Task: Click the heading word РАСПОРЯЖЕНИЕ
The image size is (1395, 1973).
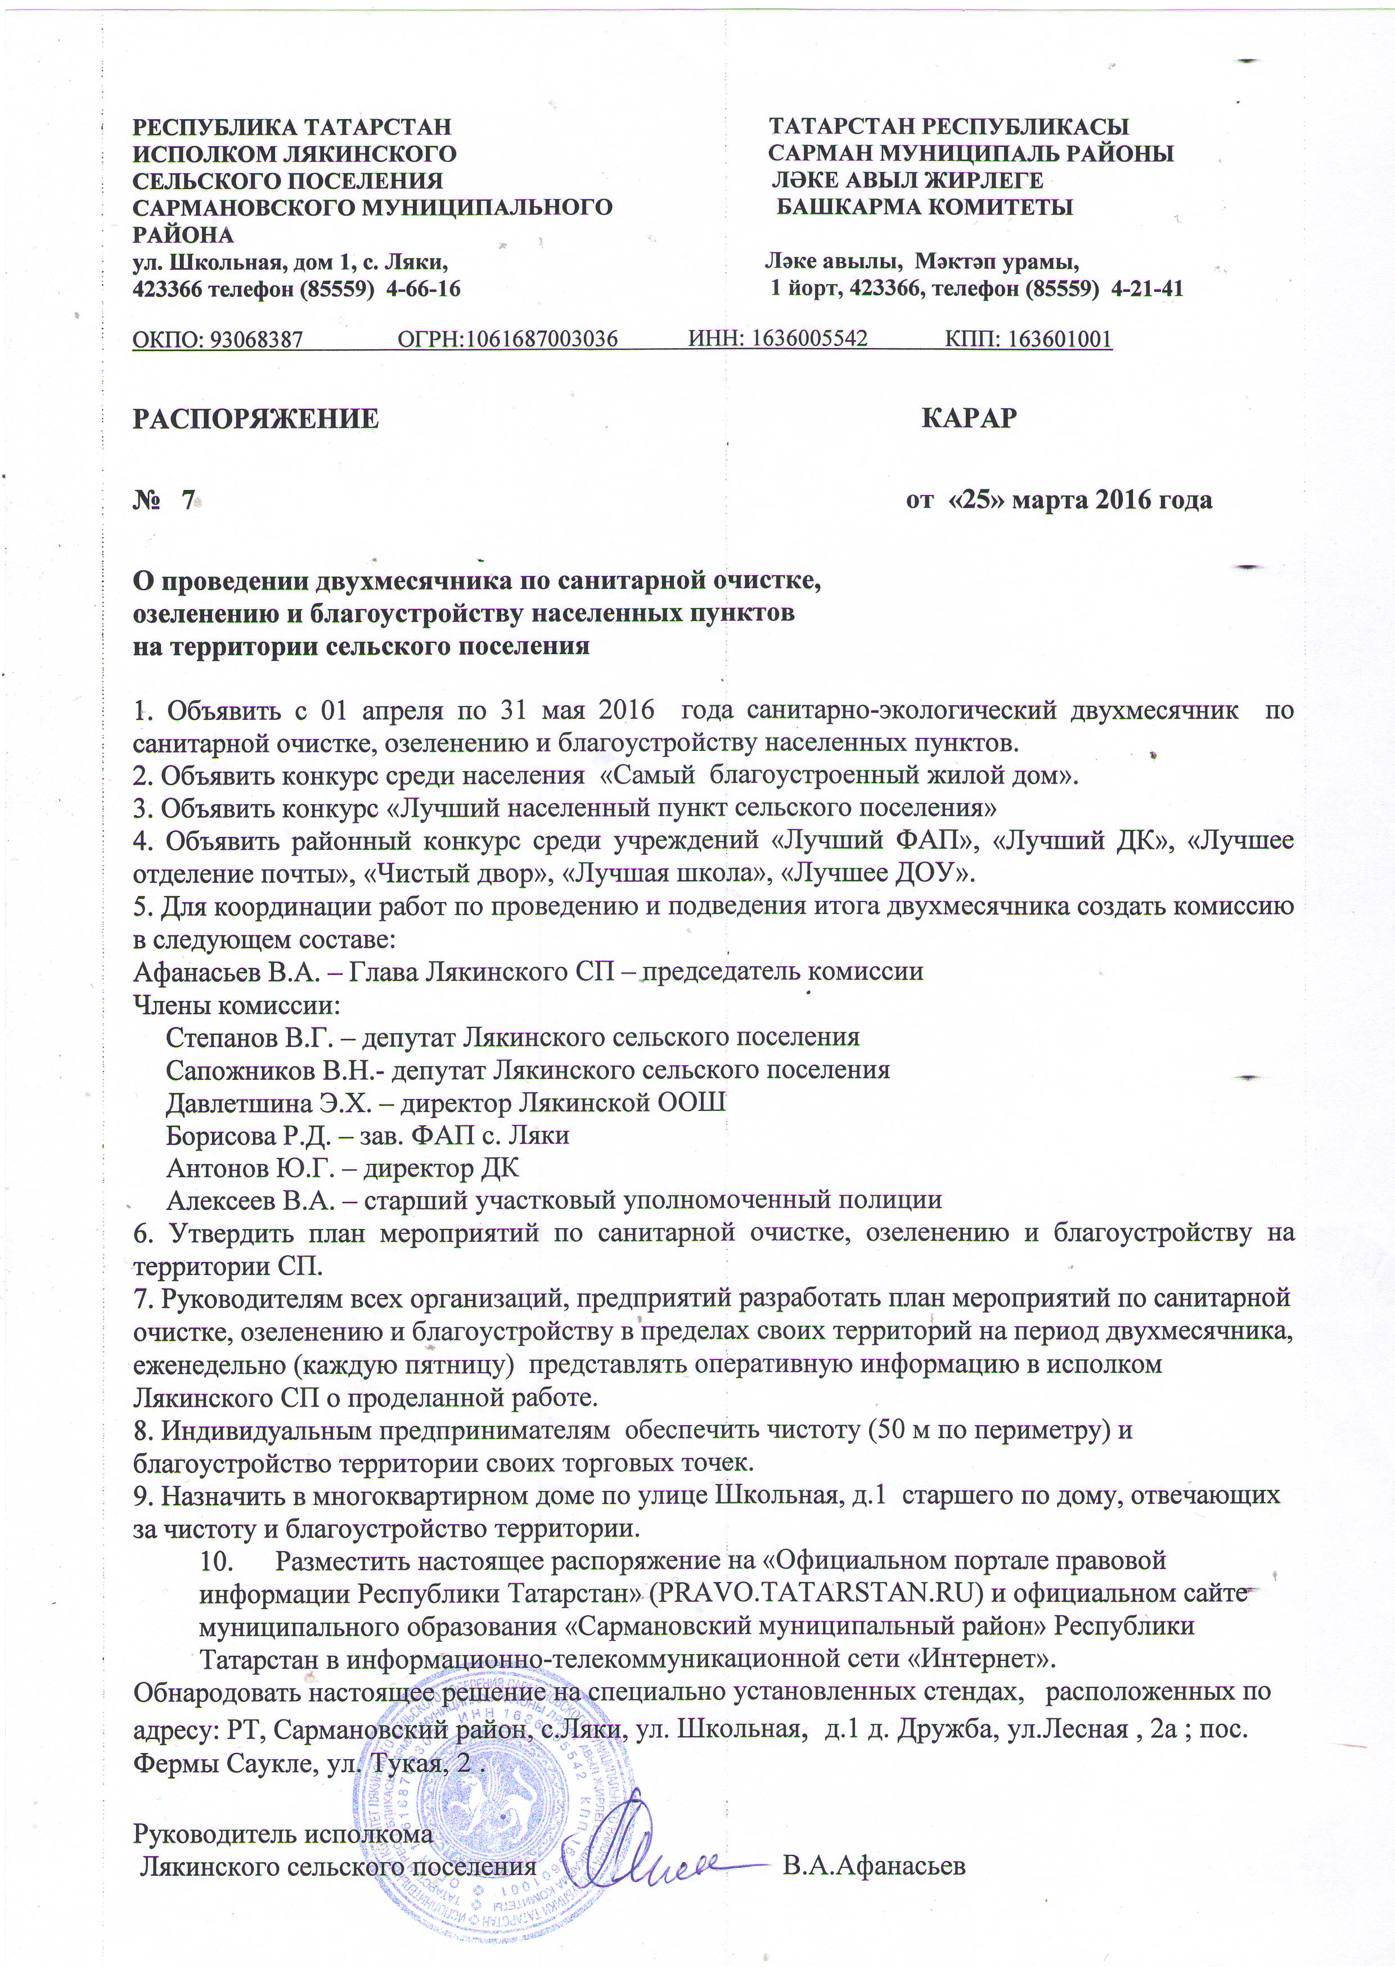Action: [x=255, y=418]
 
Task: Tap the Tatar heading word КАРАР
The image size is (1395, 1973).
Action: [x=969, y=418]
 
